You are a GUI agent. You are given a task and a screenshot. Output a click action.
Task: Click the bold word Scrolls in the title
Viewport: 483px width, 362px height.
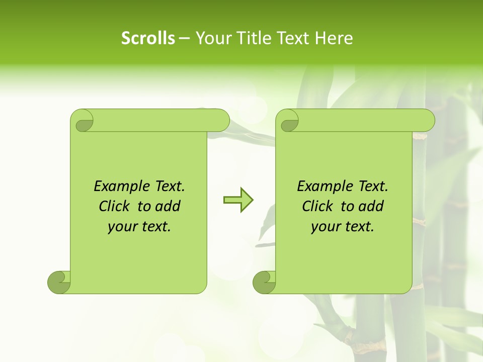click(148, 38)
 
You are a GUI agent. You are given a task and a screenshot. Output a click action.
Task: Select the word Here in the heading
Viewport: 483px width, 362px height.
click(334, 38)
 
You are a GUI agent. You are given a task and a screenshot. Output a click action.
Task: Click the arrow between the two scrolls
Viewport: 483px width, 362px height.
click(238, 200)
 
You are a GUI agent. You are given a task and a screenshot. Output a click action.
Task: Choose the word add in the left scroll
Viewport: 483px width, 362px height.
click(169, 206)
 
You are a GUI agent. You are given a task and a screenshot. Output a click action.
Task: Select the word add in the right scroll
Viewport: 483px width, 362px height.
click(372, 206)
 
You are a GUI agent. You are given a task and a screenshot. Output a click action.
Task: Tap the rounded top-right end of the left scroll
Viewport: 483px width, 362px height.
click(222, 121)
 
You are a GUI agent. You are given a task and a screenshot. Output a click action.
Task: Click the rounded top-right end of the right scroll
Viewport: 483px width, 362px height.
click(427, 121)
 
